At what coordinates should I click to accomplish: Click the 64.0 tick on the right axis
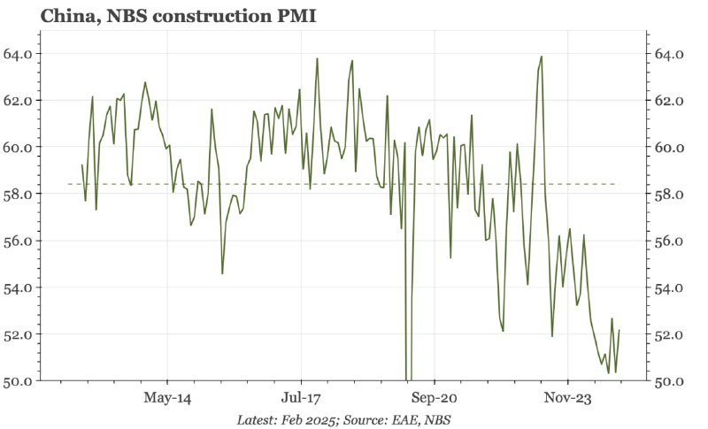point(668,54)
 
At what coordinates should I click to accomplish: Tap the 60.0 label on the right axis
point(668,147)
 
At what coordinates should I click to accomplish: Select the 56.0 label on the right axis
point(668,241)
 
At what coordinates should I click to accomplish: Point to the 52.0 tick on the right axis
point(668,334)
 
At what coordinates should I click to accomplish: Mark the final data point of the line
point(619,330)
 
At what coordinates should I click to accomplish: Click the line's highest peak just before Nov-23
point(542,57)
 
